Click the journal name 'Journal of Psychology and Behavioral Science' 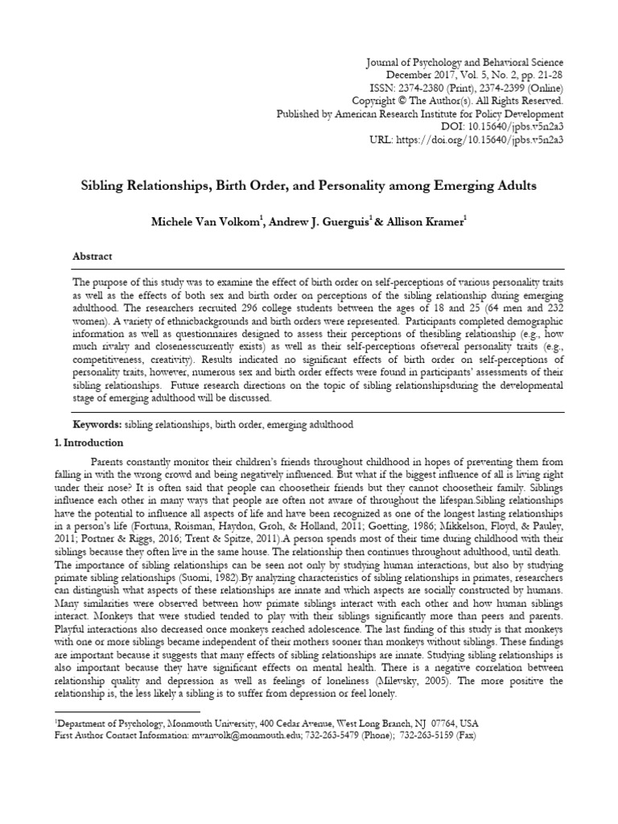pos(464,63)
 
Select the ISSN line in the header pos(476,89)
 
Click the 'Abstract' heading pos(93,256)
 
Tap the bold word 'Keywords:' pos(97,423)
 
